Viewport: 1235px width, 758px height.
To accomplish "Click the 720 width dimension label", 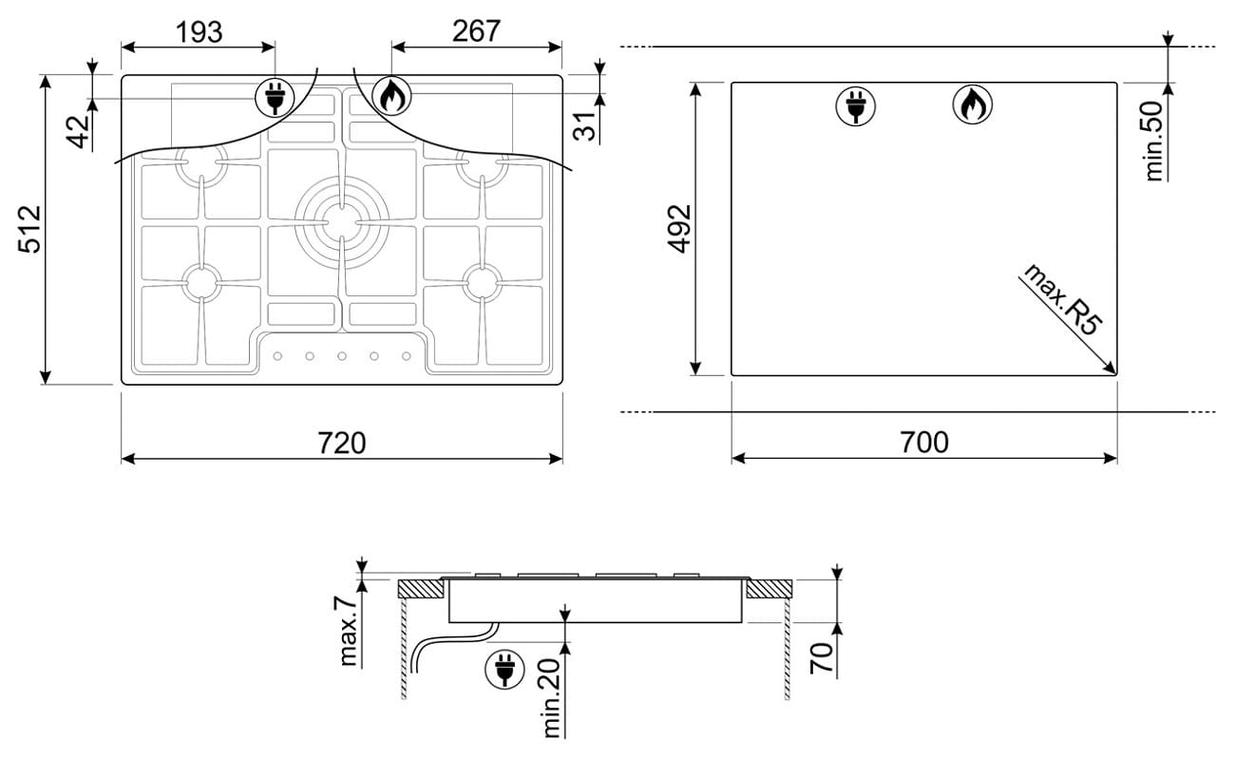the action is [x=341, y=443].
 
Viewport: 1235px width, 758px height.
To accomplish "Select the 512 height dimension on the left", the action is [x=29, y=229].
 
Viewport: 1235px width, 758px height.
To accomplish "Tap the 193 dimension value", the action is [x=199, y=32].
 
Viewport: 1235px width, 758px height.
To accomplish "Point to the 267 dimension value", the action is [x=476, y=31].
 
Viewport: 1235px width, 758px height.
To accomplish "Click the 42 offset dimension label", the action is [x=80, y=132].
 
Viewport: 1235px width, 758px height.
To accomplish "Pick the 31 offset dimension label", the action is [x=585, y=125].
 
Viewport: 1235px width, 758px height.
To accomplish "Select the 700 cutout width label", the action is [x=924, y=442].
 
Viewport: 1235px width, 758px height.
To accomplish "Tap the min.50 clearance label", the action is [x=1153, y=142].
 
